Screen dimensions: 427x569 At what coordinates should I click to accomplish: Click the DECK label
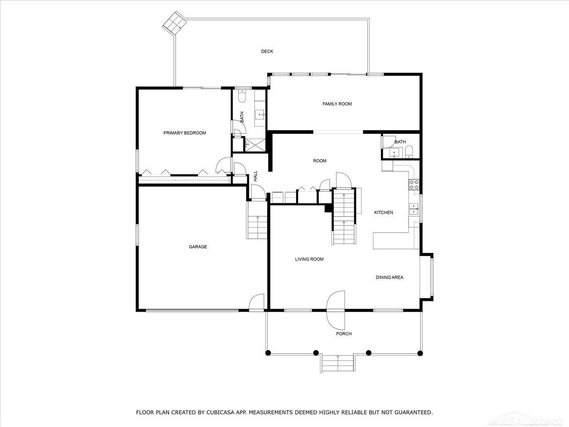(x=267, y=52)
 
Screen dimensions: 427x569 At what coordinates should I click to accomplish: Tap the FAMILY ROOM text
(x=337, y=104)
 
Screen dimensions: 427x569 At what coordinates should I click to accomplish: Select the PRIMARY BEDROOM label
(x=184, y=133)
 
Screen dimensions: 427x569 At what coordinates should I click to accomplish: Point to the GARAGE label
(x=198, y=247)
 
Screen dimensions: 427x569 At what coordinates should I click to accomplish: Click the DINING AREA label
(x=389, y=278)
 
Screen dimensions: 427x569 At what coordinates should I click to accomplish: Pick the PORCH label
(x=344, y=334)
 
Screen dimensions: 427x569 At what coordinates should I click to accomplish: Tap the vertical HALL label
(x=256, y=176)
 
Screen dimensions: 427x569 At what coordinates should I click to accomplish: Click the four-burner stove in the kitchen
(x=414, y=185)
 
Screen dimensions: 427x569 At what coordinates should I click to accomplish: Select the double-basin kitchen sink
(x=414, y=209)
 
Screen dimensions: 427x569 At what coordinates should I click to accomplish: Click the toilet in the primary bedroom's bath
(x=242, y=96)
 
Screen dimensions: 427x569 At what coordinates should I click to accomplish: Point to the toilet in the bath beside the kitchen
(x=410, y=152)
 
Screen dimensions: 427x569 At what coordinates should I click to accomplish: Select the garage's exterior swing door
(x=257, y=303)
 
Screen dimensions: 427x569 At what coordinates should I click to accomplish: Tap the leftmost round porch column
(x=268, y=353)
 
